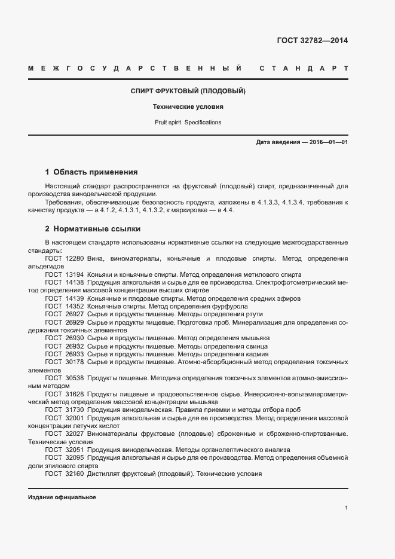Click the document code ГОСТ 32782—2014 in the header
pos(312,41)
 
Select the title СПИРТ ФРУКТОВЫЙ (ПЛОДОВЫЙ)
pos(188,91)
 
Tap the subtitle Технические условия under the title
pos(188,107)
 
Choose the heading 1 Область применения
pos(91,172)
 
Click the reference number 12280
pos(75,258)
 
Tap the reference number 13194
pos(75,274)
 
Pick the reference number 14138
pos(75,282)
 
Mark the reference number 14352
pos(75,306)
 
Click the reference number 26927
pos(75,314)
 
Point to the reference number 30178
pos(75,362)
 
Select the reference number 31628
pos(75,394)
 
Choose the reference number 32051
pos(75,450)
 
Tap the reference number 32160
pos(75,474)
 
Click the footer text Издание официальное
pos(62,497)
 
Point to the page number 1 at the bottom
pos(347,509)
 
